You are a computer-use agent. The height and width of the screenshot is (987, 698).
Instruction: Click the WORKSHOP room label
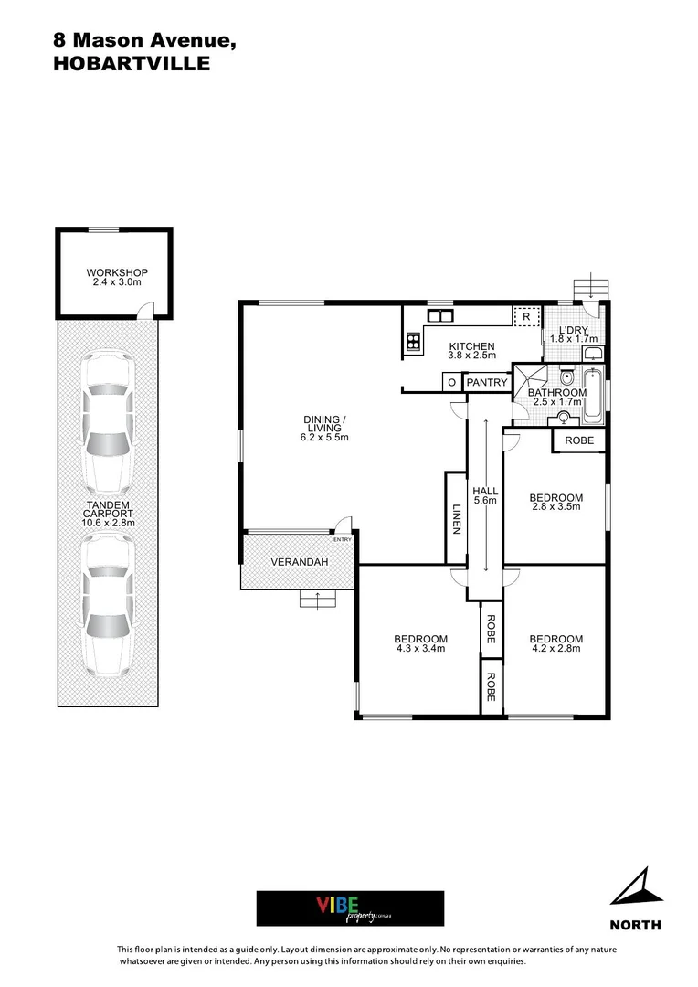pos(117,277)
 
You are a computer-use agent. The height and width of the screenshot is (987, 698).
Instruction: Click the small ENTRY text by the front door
pos(343,539)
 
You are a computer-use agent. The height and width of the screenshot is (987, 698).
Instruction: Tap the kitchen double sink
pos(441,316)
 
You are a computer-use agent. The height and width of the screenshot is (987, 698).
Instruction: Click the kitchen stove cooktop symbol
pos(412,344)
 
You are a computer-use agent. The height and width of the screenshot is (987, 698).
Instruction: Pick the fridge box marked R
pos(526,317)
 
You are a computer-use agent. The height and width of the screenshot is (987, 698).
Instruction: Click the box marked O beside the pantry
pos(451,382)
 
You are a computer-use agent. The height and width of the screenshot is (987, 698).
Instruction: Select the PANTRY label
pos(486,382)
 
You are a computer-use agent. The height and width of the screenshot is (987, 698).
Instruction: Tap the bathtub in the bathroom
pos(593,396)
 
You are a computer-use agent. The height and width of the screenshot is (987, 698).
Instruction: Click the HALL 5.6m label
pos(485,495)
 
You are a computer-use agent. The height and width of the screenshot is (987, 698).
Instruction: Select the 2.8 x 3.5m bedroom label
pos(555,504)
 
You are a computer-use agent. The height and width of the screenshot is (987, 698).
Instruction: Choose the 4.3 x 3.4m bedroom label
pos(420,643)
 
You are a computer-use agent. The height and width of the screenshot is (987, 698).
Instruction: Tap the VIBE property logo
pos(350,907)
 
